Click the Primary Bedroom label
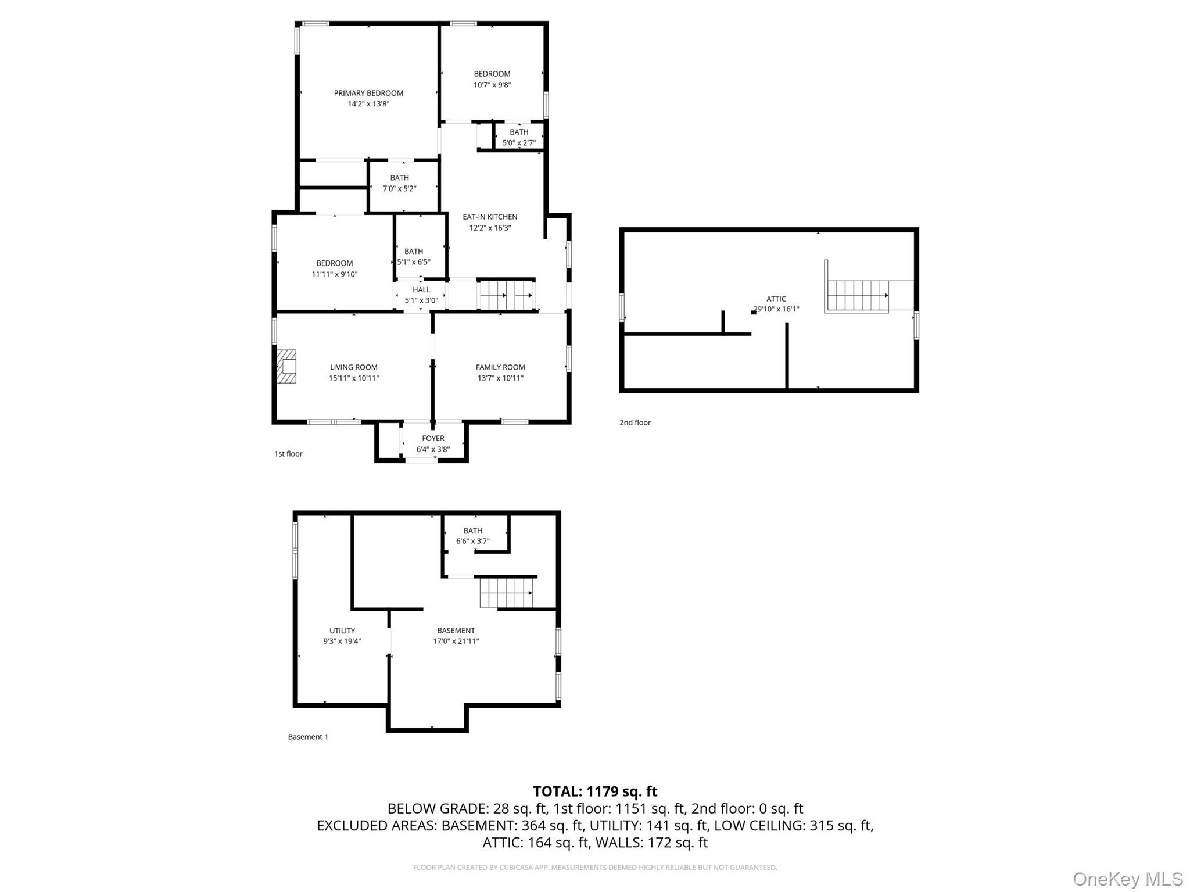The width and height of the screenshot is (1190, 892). coord(368,93)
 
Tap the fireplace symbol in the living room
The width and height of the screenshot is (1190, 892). coord(286,367)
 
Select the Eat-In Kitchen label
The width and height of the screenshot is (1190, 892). coord(490,217)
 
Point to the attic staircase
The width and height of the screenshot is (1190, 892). coord(858,296)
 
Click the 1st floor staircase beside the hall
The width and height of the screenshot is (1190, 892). coord(506,295)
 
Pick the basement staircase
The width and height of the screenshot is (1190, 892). coord(506,592)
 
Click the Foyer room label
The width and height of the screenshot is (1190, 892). coord(433,438)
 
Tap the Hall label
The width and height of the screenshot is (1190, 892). coord(421,289)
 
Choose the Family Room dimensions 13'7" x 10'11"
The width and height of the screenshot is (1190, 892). coord(500,378)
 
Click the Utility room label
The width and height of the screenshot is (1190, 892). coord(342,631)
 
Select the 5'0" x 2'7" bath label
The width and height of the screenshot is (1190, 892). coord(519,137)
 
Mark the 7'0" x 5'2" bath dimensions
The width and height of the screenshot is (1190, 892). coord(399,188)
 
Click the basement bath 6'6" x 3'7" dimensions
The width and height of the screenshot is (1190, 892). coord(473,541)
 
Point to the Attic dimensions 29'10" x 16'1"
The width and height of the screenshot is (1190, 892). coord(776,309)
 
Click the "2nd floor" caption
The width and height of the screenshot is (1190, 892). coord(635,422)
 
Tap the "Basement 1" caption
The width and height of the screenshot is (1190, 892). coord(308,737)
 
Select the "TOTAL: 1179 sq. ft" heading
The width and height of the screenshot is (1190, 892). coord(595,791)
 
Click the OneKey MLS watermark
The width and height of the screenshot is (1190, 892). coord(1128,879)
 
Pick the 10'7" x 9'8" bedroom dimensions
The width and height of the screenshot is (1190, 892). coord(492,85)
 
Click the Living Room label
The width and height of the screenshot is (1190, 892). coord(354,367)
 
